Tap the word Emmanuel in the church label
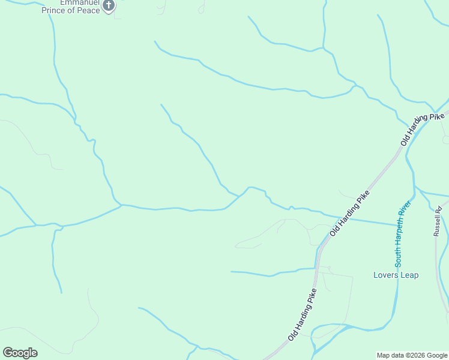64,2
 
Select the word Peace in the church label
88,11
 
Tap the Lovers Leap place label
396,275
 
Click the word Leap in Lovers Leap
409,275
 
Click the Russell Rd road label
439,221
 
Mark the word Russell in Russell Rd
439,224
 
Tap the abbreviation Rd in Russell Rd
438,209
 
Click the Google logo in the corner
20,353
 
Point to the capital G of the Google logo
7,352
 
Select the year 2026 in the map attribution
413,355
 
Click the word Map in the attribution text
384,355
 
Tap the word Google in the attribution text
435,355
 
